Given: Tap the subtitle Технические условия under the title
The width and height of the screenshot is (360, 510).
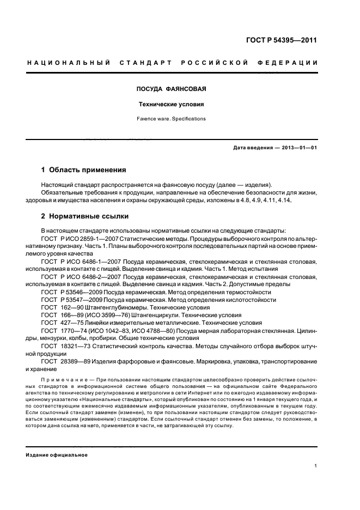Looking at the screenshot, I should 170,104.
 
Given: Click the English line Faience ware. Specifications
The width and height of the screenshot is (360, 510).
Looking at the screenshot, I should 170,118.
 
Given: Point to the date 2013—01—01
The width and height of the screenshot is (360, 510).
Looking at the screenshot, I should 298,148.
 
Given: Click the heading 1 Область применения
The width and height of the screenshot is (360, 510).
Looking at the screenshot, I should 84,171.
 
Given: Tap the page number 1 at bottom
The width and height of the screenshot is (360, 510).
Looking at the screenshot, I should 316,466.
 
